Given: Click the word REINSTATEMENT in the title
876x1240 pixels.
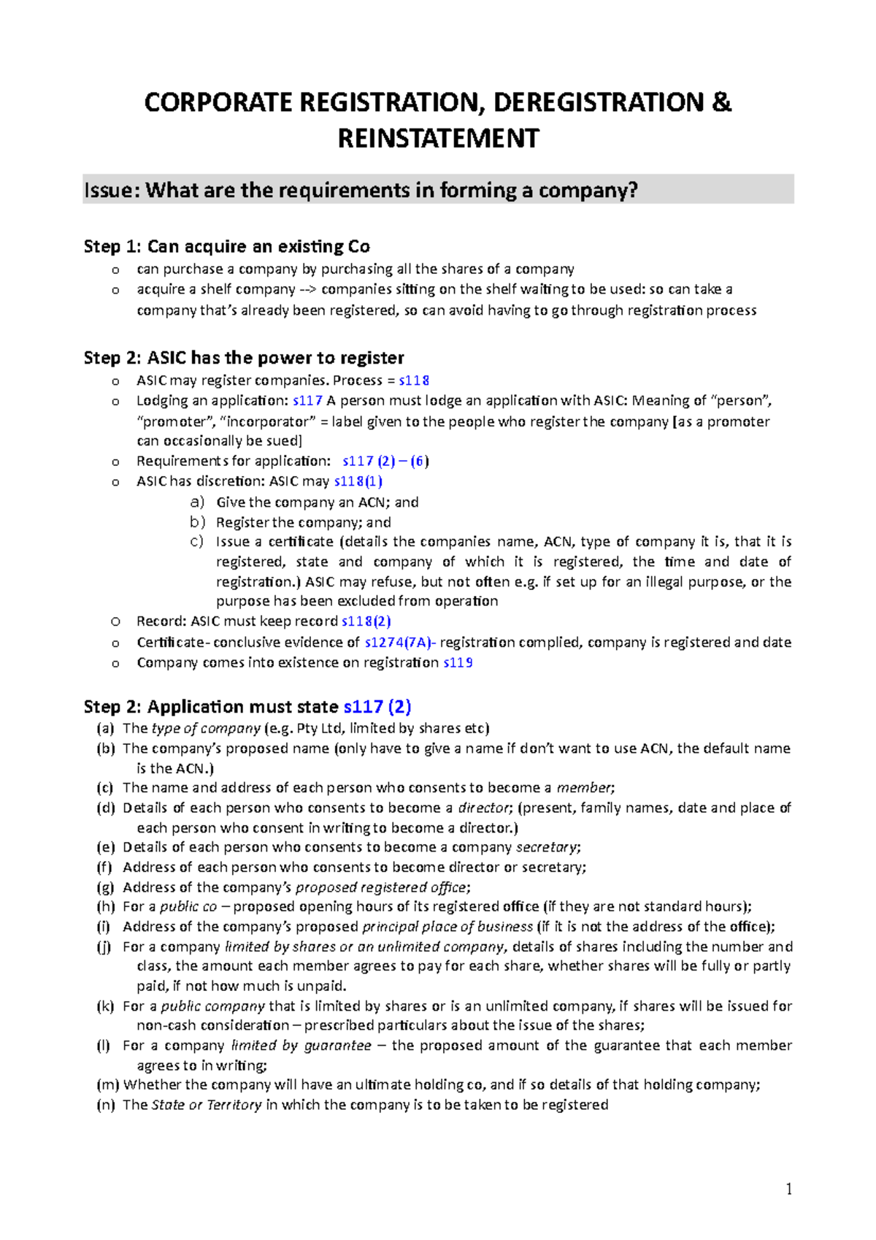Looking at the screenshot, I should click(438, 139).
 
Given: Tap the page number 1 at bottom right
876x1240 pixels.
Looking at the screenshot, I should click(788, 1190).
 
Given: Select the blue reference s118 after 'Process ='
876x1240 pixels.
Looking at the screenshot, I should click(414, 380).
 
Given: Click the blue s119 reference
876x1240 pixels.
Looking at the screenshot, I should click(458, 662).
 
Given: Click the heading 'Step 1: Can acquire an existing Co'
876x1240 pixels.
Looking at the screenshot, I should click(226, 247).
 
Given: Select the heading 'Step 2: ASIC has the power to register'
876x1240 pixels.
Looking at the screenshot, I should click(244, 358).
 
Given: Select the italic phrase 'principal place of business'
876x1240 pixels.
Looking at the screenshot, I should click(447, 927).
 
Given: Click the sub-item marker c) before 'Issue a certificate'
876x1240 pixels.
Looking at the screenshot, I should click(196, 542).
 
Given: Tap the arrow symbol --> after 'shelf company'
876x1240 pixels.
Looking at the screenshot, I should click(308, 289).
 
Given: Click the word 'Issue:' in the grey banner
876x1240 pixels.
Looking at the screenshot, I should click(112, 191).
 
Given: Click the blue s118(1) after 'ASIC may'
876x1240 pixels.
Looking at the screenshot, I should click(358, 481).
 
